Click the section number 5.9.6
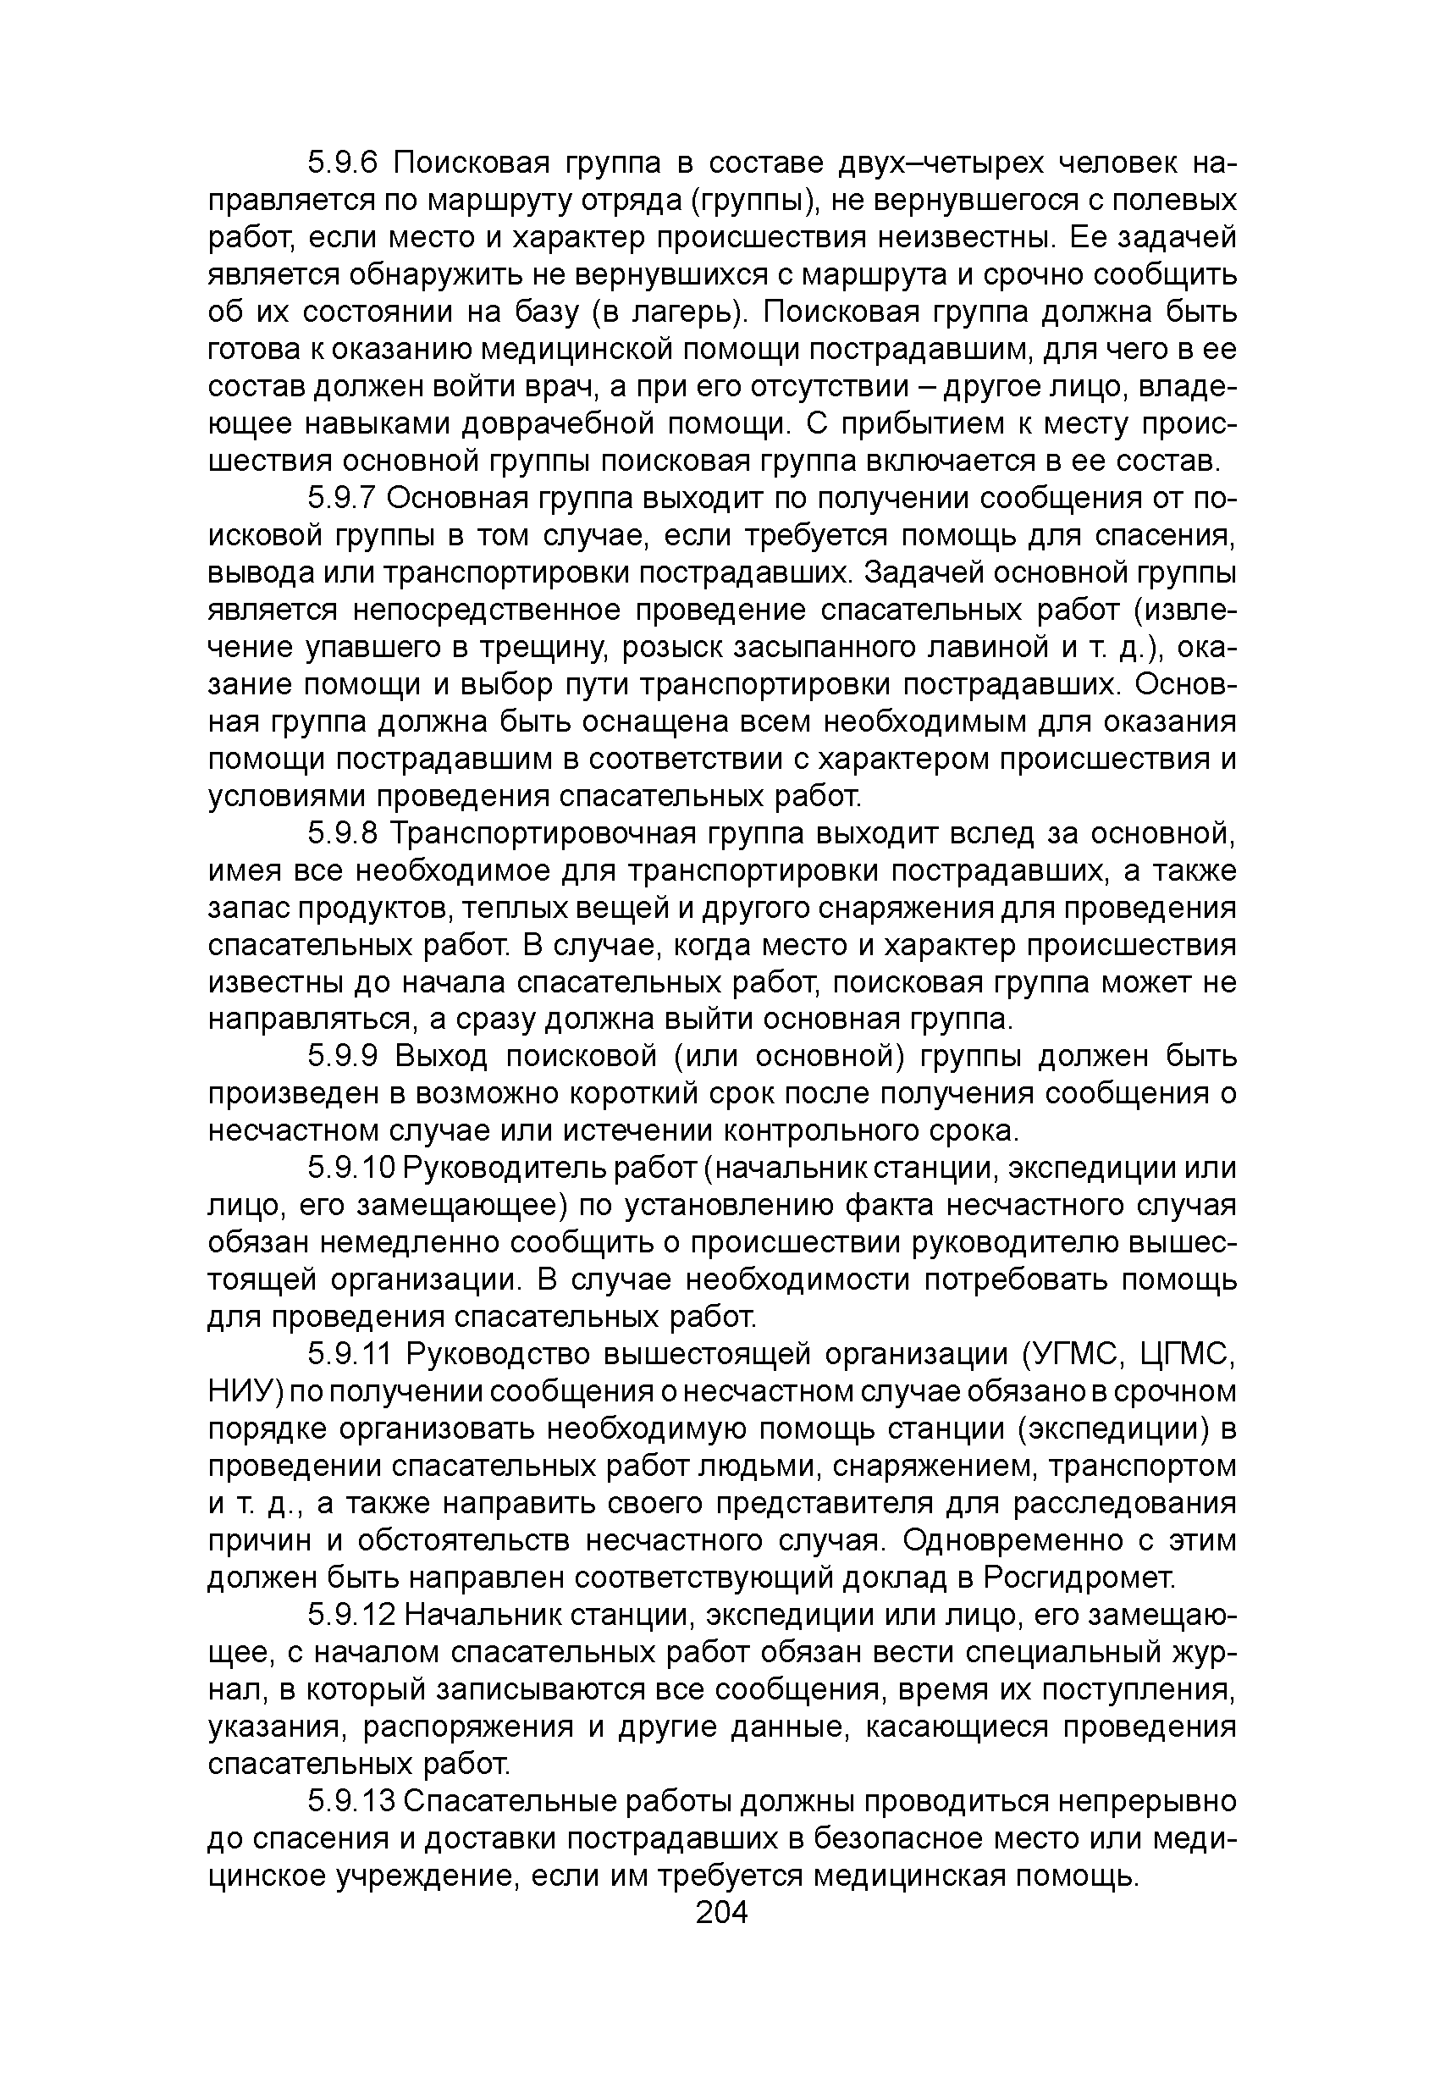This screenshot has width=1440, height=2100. tap(340, 163)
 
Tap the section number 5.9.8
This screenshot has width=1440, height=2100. tap(340, 832)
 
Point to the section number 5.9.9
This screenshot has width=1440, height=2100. tap(340, 1055)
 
